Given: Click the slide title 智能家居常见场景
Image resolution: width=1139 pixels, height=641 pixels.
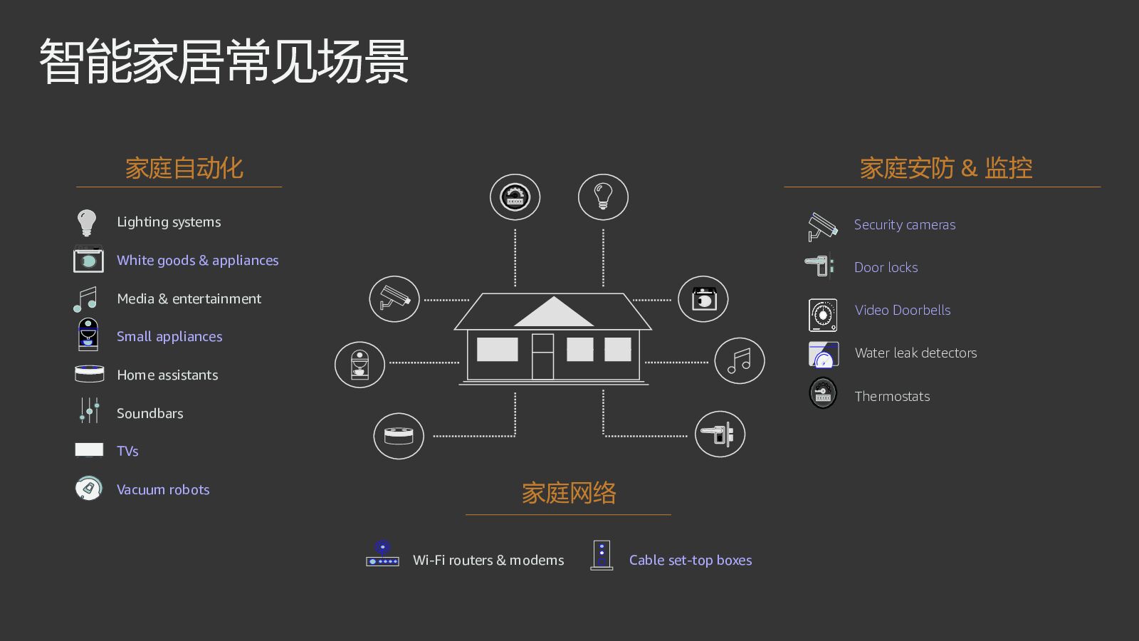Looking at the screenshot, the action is click(224, 62).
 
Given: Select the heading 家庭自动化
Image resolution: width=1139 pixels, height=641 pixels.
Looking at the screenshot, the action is click(184, 168).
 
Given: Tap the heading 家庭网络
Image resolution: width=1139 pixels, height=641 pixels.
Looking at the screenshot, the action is click(569, 493).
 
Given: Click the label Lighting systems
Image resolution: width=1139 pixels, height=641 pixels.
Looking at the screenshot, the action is click(169, 222).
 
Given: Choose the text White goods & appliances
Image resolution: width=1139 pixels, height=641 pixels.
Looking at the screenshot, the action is click(197, 261).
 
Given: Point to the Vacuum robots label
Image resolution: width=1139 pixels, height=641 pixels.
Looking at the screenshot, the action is click(163, 490).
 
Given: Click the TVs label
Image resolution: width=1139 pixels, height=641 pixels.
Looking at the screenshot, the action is click(127, 452).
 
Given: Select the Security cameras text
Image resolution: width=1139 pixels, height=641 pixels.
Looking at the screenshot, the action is click(904, 225).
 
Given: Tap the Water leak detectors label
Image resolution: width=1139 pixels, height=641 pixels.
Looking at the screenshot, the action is click(915, 353).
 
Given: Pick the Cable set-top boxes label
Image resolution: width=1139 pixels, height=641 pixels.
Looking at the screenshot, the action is click(690, 561).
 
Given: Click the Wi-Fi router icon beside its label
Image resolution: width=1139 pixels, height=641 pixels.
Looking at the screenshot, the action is click(382, 555).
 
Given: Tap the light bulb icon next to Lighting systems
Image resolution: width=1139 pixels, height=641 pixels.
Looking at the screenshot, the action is click(87, 222).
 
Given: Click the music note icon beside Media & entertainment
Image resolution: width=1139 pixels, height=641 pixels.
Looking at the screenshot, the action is click(85, 299).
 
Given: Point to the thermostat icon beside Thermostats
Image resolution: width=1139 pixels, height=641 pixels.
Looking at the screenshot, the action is click(823, 393).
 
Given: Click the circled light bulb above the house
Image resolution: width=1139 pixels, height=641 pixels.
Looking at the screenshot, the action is click(603, 197).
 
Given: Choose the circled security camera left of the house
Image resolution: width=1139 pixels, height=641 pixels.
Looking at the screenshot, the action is click(394, 298).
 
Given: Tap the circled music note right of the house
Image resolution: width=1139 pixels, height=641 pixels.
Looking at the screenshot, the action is click(739, 361).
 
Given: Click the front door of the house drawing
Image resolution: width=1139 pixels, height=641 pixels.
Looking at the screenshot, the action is click(542, 356).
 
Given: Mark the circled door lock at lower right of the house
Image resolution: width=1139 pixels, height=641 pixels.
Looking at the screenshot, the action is click(720, 434).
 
